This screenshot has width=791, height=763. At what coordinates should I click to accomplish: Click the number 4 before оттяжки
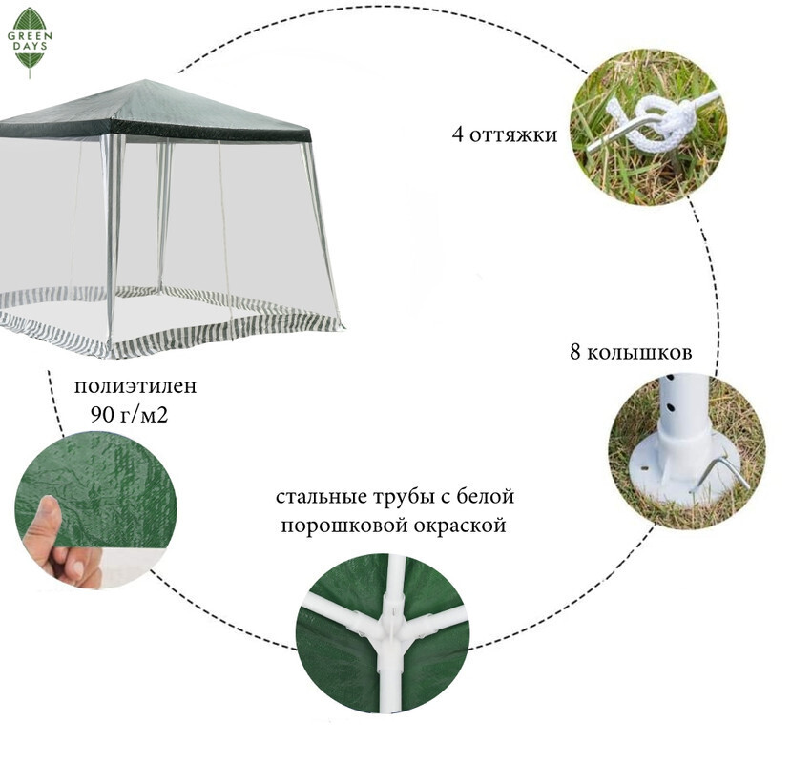(x=458, y=134)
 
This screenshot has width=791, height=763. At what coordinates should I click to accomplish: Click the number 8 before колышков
(x=575, y=353)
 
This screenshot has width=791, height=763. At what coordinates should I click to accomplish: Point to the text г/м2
(x=145, y=416)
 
